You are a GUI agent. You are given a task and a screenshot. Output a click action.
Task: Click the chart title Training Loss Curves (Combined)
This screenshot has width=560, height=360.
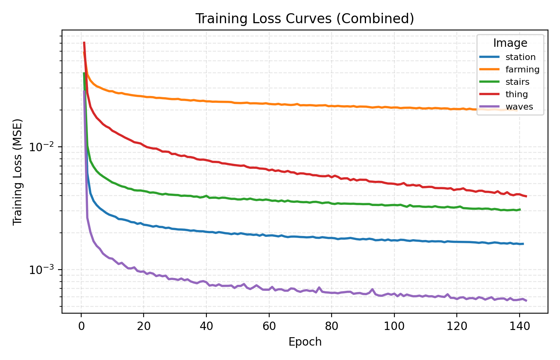point(304,19)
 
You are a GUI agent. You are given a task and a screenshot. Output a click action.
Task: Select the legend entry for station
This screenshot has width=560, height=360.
point(520,57)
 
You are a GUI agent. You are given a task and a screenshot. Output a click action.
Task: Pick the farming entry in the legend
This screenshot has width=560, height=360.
point(522,70)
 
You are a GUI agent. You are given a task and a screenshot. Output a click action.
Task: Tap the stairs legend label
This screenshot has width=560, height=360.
point(517,82)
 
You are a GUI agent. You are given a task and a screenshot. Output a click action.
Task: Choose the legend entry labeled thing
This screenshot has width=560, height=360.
point(516,94)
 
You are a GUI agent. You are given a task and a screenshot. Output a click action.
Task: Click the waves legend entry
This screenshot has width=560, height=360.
point(519,107)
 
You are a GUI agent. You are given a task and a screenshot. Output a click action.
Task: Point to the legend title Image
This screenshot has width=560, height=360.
point(510,43)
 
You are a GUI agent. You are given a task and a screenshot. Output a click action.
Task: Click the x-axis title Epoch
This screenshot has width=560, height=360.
point(305,342)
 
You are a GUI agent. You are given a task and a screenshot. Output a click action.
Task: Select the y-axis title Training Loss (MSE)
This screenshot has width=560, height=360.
point(18,172)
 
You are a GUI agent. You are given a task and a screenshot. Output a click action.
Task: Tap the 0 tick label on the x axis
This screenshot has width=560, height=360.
point(81,326)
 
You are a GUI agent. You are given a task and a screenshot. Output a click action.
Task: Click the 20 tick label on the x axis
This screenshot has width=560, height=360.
point(144,326)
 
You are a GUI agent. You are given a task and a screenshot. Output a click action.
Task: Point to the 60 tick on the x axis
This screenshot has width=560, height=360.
point(269,326)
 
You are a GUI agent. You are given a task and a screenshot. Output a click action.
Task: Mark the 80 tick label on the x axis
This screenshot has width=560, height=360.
point(332,326)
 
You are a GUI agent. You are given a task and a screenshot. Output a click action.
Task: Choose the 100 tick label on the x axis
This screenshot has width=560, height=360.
point(394,326)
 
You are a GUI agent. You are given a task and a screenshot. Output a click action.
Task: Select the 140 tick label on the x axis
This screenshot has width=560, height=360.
point(519,326)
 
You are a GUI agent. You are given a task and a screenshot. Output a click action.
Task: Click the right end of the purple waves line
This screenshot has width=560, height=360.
point(526,300)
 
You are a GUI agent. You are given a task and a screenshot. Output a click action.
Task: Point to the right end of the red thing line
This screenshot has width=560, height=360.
point(526,196)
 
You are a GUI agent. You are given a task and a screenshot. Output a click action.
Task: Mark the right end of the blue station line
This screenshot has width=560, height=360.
point(523,244)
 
